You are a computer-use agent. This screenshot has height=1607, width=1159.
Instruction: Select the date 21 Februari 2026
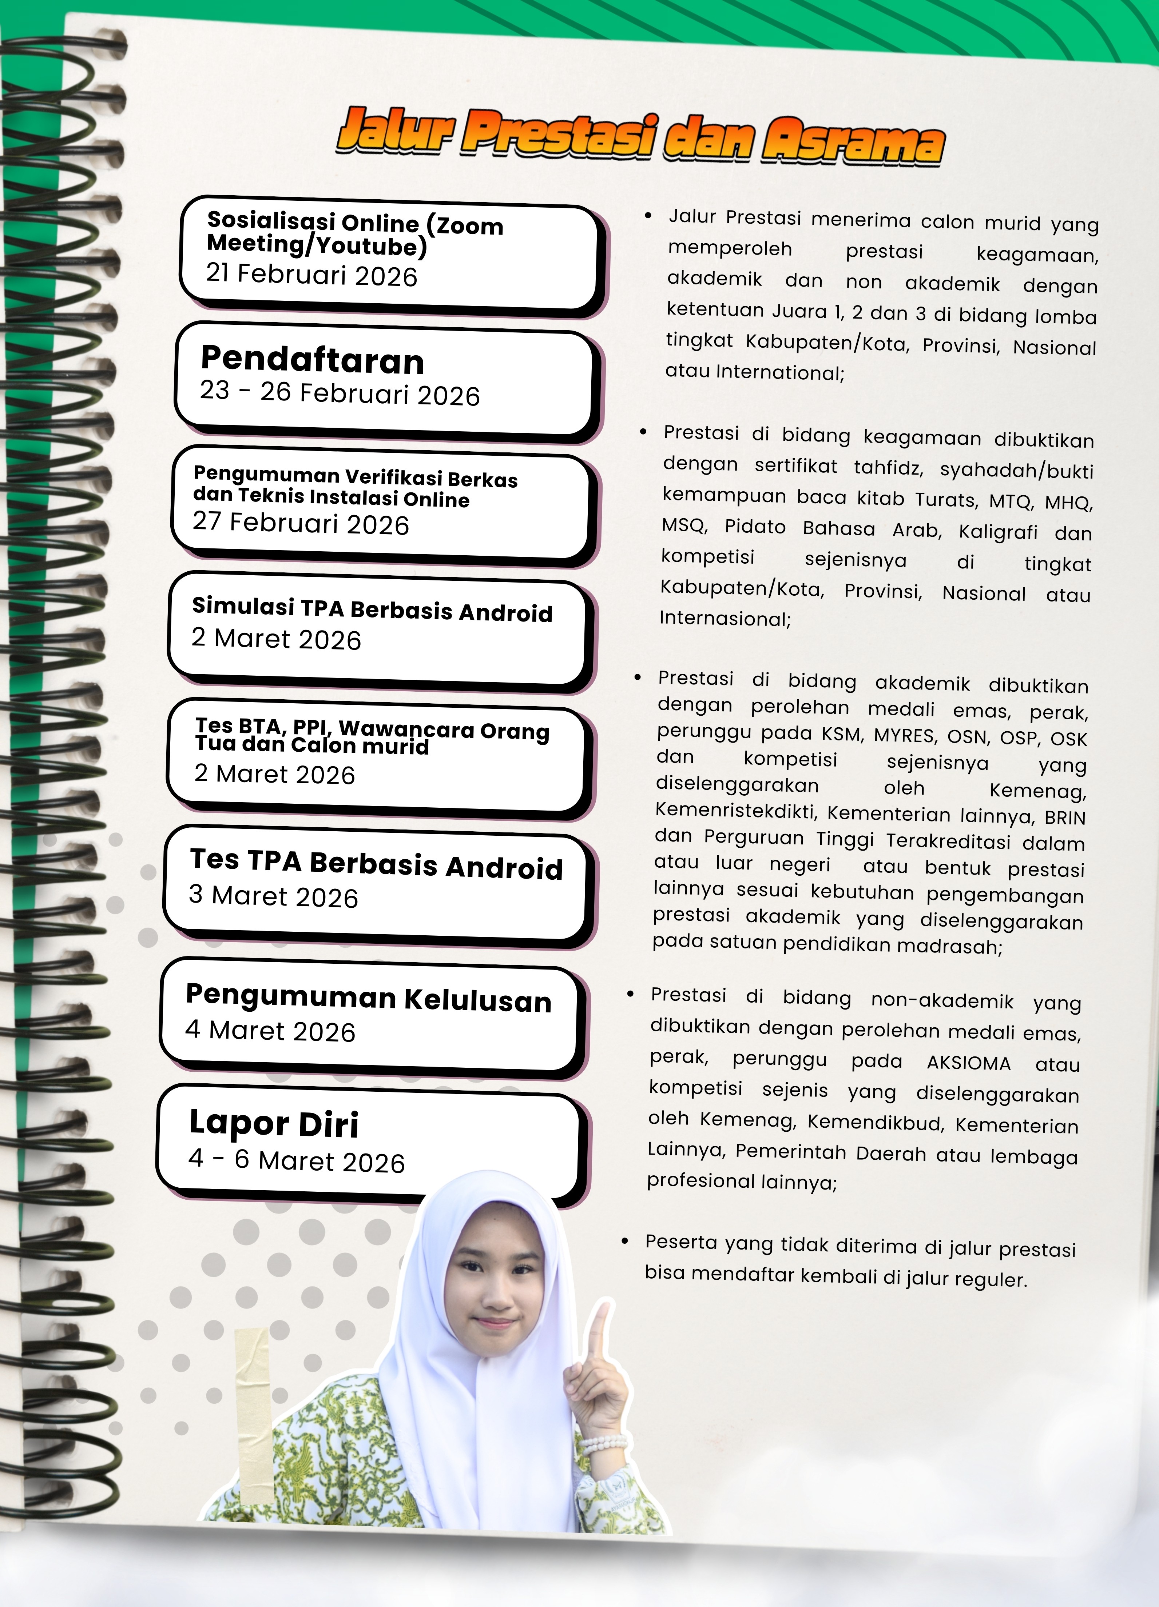point(312,275)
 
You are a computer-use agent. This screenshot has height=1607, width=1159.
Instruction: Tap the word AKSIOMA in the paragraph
point(968,1063)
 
